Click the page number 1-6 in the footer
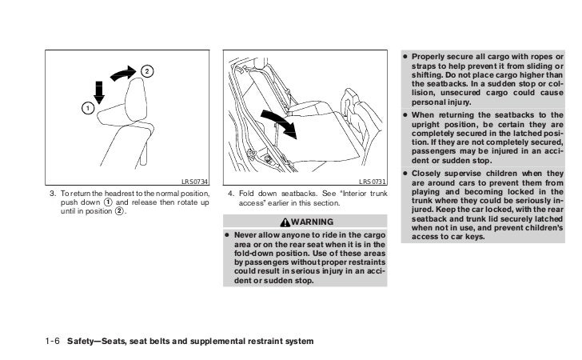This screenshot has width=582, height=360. click(54, 342)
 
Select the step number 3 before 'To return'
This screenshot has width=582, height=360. click(53, 194)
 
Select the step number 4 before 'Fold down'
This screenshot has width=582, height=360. click(230, 194)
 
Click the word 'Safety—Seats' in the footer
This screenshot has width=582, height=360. click(94, 342)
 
